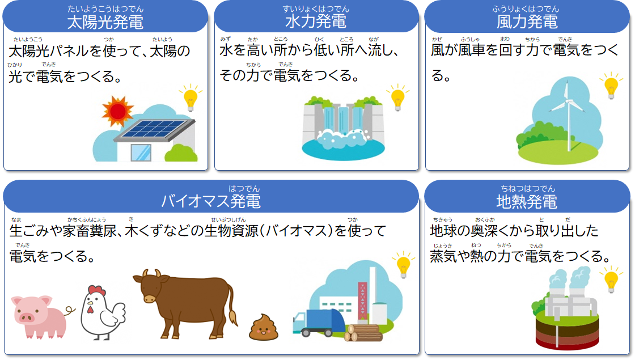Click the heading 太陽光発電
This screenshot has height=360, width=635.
coord(105,22)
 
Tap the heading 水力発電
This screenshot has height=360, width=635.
coord(316,22)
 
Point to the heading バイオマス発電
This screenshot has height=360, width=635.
coord(210,201)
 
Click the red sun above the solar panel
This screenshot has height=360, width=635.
coord(117,111)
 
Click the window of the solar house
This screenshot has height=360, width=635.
coord(141,153)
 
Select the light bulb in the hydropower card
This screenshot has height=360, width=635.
coord(397,98)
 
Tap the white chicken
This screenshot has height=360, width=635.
coord(103,313)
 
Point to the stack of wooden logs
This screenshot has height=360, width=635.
coord(363,332)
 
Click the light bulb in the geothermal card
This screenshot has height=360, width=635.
coord(611,280)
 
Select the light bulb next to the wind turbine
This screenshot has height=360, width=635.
coord(611,86)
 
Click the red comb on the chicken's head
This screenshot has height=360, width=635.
coord(97,290)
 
